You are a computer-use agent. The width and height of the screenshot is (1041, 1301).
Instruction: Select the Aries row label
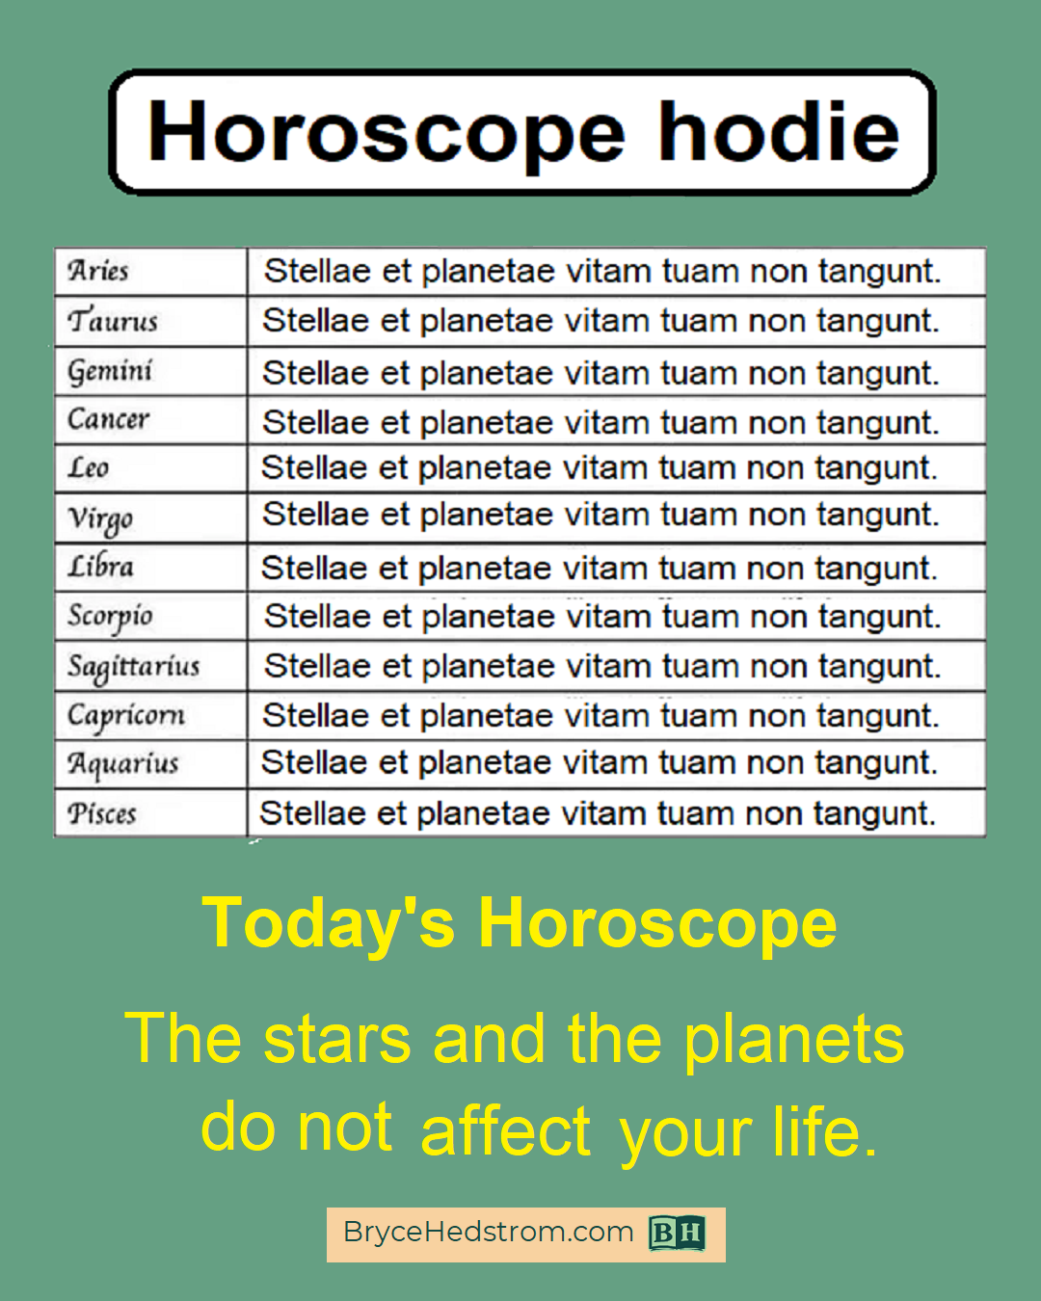(x=97, y=270)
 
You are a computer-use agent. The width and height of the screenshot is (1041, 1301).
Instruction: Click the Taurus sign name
(x=113, y=320)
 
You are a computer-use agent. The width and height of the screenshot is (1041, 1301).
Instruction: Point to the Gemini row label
(x=110, y=372)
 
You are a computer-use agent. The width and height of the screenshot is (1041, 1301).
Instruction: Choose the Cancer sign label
(x=108, y=418)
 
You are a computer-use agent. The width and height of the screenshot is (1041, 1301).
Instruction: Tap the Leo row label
(x=89, y=467)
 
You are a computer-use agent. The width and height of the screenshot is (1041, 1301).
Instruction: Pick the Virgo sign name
(x=100, y=519)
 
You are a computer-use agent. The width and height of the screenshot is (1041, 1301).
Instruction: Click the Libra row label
(x=100, y=566)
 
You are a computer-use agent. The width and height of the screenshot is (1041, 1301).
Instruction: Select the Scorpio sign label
(x=110, y=618)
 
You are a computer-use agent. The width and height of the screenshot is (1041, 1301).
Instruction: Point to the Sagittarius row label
(x=134, y=668)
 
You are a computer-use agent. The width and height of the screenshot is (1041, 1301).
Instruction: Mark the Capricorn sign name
(x=126, y=717)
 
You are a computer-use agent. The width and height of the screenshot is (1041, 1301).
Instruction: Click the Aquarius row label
(x=122, y=765)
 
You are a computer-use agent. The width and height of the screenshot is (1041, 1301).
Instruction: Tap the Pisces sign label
(x=101, y=813)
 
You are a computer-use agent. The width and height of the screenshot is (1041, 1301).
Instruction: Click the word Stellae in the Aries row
(x=317, y=271)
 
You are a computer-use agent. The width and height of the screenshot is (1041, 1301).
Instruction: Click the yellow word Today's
(x=328, y=924)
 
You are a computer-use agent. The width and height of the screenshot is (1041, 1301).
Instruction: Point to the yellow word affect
(x=506, y=1129)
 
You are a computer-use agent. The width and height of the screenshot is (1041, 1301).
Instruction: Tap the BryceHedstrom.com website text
(x=488, y=1232)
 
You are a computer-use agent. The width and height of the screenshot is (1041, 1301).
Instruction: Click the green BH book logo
(x=677, y=1233)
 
